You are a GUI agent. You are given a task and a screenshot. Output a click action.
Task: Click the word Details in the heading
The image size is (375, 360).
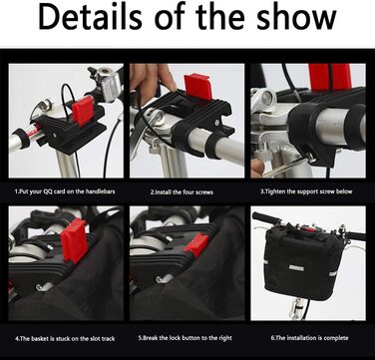click(x=91, y=17)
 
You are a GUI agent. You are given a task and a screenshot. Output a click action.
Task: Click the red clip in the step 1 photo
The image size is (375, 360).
click(x=83, y=111)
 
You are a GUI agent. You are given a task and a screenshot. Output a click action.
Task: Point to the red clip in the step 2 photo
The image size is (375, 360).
click(x=198, y=86)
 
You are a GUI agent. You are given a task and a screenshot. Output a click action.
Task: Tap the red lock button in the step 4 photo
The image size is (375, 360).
click(x=74, y=240)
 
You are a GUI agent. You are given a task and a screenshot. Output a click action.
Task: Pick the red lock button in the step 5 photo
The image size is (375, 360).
click(x=196, y=244)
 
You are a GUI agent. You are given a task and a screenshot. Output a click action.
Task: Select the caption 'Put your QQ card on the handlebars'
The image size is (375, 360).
click(x=65, y=191)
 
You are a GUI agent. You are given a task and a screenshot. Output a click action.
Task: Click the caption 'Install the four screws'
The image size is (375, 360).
click(x=183, y=192)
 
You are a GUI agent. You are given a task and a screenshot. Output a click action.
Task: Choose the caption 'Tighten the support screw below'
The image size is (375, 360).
click(x=306, y=191)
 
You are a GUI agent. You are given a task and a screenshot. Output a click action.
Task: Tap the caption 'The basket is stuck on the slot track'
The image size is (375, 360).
click(x=65, y=339)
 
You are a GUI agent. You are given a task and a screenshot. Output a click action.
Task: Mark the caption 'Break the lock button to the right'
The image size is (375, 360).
click(x=186, y=338)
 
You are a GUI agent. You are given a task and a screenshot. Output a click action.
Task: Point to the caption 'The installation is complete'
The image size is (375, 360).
click(x=309, y=338)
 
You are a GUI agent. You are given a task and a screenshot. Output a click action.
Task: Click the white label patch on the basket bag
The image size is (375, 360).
click(x=296, y=267)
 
